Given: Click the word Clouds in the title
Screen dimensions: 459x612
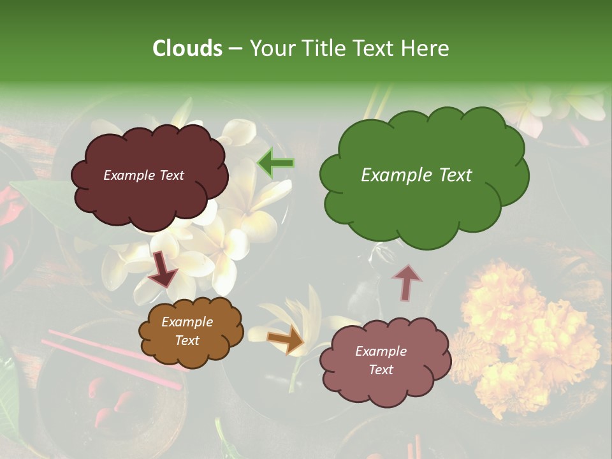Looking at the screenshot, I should tap(187, 48).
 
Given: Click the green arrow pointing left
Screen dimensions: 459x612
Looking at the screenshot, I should tap(275, 163).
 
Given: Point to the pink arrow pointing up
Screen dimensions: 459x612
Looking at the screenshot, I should tap(407, 282).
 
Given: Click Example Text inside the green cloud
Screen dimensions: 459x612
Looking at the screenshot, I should tap(416, 175).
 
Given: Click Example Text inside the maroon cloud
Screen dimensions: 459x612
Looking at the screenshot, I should tap(143, 175).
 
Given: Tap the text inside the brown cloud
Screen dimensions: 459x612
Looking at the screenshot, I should tap(187, 331).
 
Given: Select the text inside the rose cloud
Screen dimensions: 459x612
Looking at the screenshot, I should tap(381, 360).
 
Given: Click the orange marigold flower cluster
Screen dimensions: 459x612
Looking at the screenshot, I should tap(529, 331).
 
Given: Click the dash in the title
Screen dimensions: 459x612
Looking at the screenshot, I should tap(235, 48).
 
